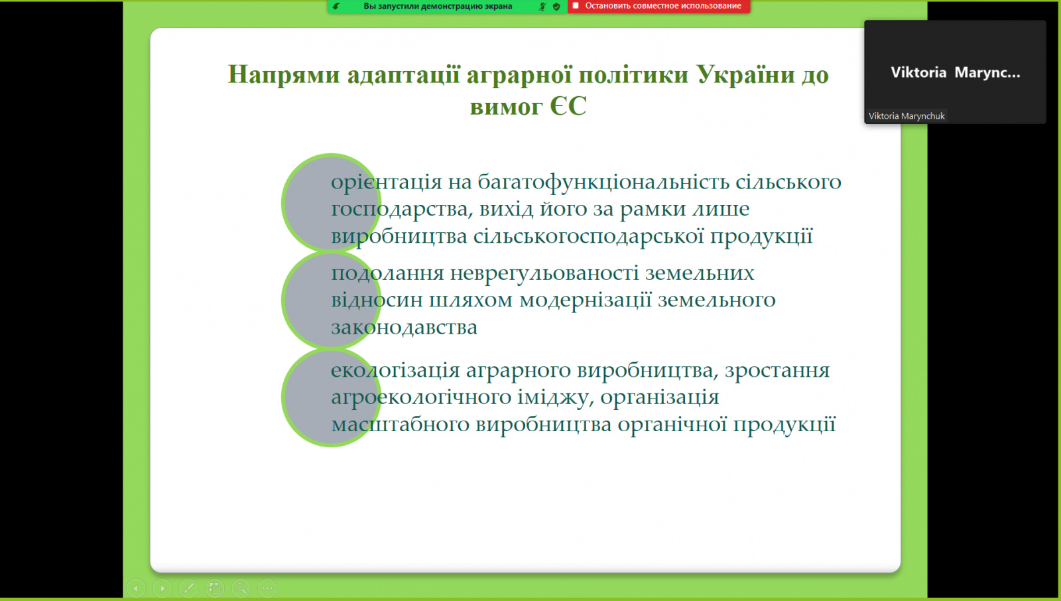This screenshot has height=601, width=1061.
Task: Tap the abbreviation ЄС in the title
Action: [x=568, y=105]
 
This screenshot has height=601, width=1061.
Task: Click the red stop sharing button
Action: [x=659, y=6]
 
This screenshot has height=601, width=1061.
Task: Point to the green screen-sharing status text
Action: [x=438, y=6]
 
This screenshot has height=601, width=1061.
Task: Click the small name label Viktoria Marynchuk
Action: [x=906, y=116]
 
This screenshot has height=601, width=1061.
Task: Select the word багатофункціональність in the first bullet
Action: [x=603, y=182]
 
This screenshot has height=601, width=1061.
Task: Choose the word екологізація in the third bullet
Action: [x=395, y=370]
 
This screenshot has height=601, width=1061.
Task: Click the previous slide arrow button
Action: [x=136, y=588]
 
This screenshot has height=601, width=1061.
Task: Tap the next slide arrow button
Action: [x=162, y=588]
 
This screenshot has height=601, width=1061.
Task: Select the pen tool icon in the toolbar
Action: [x=188, y=588]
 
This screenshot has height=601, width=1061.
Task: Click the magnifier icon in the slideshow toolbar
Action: [x=241, y=588]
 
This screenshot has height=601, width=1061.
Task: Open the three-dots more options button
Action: [x=267, y=588]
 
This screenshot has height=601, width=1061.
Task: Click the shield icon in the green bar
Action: [x=556, y=7]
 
